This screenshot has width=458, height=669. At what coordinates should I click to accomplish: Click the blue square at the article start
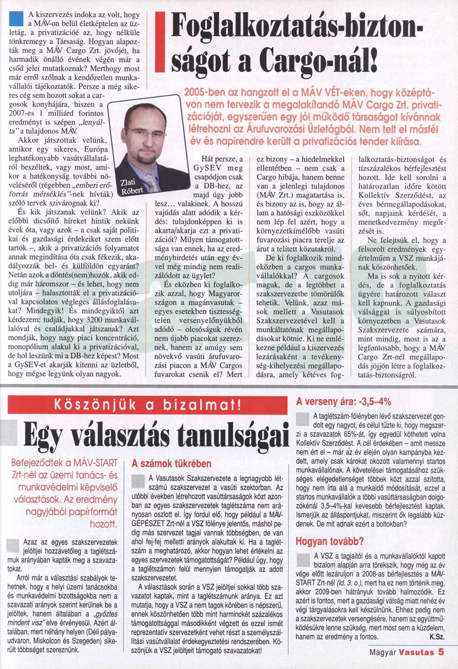(16, 19)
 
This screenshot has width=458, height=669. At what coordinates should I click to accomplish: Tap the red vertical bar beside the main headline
(160, 42)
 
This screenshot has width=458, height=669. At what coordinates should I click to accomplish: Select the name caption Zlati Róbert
(131, 187)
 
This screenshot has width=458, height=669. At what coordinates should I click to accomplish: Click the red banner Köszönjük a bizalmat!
(147, 405)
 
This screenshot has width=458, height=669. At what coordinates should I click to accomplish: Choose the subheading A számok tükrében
(171, 464)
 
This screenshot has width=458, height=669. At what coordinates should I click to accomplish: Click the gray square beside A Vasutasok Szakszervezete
(138, 481)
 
